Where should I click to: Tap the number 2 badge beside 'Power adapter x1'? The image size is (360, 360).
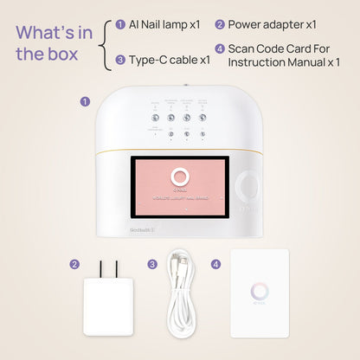(220, 25)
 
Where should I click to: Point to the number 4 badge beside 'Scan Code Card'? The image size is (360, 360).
(220, 48)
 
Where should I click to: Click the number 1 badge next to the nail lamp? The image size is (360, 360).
(85, 101)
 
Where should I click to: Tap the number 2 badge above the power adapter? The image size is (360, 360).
(75, 264)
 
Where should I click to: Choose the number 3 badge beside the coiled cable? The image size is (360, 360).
(152, 264)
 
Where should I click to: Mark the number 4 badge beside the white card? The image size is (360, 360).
(215, 264)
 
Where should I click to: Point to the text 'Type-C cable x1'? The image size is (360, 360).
(170, 60)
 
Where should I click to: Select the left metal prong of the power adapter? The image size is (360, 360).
(101, 270)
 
